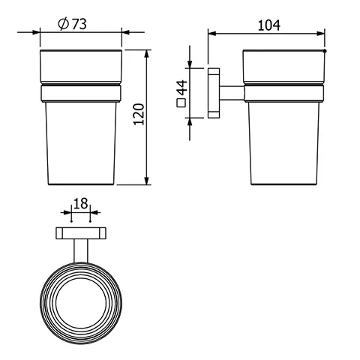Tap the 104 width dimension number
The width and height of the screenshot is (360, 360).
[268, 25]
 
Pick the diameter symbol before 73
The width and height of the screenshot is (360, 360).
[64, 24]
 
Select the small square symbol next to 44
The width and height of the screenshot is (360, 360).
[181, 106]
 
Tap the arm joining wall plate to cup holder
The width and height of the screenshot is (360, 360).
[232, 93]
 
